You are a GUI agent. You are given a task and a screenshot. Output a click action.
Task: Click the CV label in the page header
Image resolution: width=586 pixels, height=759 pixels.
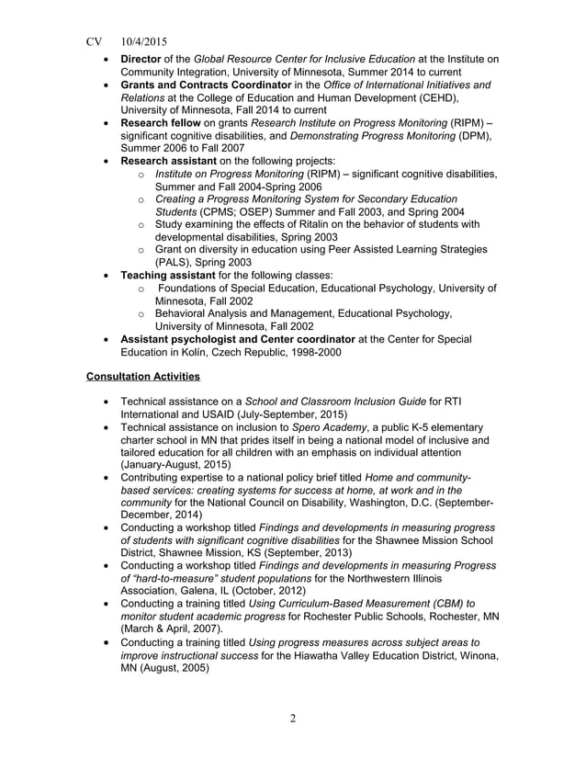94,41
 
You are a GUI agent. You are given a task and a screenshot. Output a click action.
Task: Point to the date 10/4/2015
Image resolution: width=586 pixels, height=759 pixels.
142,41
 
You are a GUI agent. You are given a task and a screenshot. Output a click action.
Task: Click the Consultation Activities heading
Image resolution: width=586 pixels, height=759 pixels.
142,377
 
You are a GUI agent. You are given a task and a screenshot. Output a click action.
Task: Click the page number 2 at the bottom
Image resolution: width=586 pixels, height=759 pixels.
293,719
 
